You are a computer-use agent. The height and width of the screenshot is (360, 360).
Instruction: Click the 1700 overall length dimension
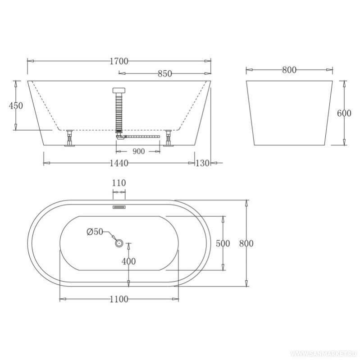(118, 61)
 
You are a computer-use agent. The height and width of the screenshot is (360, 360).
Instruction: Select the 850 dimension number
(165, 73)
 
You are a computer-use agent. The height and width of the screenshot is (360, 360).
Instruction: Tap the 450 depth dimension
(16, 105)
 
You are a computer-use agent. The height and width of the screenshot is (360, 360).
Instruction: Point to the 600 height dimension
(344, 113)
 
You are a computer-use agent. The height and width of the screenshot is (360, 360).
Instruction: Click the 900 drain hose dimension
(139, 151)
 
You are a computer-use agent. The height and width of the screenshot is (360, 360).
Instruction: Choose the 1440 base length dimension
(118, 163)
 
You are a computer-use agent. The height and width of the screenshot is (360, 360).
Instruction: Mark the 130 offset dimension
(202, 163)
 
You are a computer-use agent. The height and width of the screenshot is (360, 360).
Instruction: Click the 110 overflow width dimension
(119, 183)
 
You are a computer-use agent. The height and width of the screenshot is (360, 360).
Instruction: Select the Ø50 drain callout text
(95, 232)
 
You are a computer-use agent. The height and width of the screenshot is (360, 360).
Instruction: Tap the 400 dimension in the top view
(128, 261)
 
